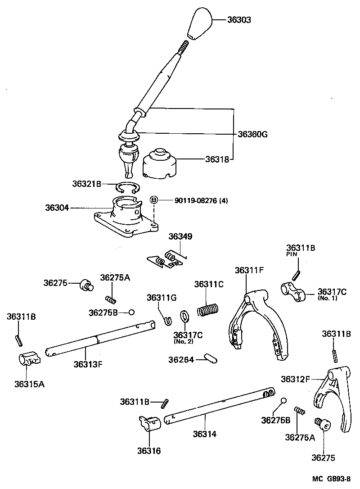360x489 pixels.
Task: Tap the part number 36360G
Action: [x=252, y=134]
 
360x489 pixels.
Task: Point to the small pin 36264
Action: [x=210, y=358]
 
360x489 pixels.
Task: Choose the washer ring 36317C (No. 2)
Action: [x=184, y=316]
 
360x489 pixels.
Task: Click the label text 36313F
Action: [x=88, y=363]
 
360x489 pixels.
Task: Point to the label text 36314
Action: [x=205, y=434]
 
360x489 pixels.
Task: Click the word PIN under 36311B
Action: [x=291, y=254]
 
